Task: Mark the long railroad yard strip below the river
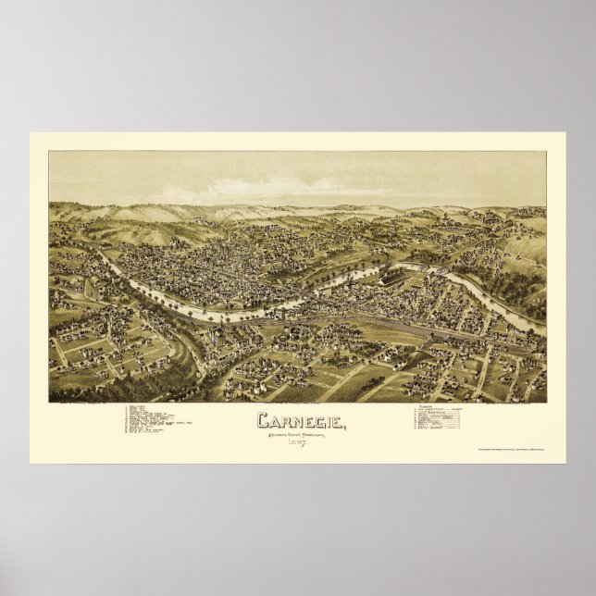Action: coord(389,324)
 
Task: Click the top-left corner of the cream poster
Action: coord(31,132)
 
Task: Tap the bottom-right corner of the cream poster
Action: coord(565,462)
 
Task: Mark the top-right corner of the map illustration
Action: coord(546,152)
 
